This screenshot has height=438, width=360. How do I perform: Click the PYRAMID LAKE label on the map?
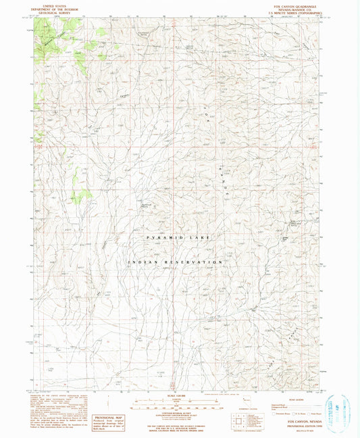click(180, 238)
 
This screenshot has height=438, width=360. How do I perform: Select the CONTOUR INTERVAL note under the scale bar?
click(179, 412)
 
